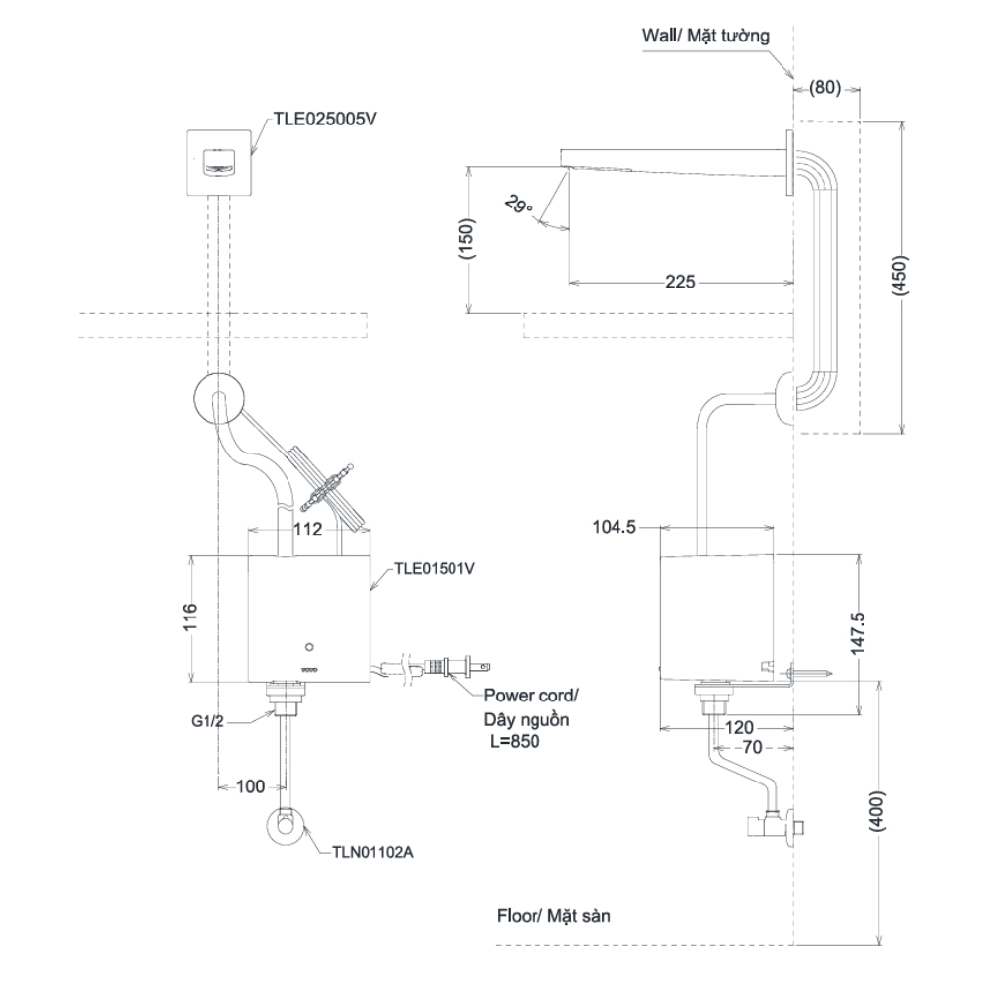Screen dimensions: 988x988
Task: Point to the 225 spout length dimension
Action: coord(678,283)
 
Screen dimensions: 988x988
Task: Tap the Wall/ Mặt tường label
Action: coord(704,36)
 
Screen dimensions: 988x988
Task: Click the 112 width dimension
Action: coord(308,530)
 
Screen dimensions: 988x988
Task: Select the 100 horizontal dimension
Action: coord(252,786)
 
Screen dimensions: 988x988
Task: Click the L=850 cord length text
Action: coord(514,741)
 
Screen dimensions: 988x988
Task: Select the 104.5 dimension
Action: coord(614,529)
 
